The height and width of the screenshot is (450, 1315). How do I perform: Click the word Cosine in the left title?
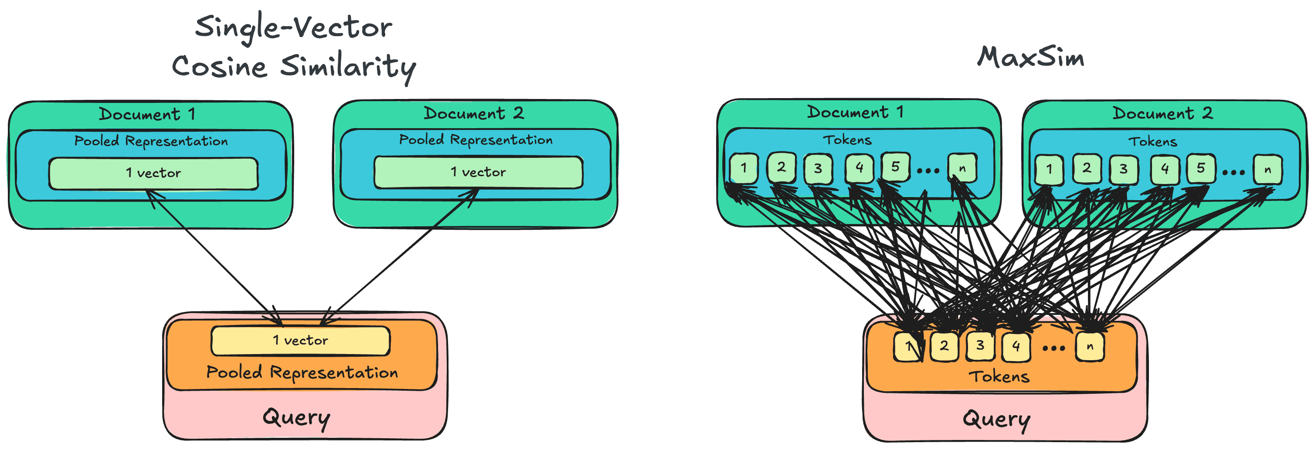click(x=220, y=67)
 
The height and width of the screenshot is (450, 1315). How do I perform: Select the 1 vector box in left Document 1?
click(x=153, y=173)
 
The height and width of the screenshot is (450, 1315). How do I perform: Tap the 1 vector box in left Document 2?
click(x=478, y=172)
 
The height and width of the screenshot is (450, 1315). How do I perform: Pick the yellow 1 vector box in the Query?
click(x=300, y=340)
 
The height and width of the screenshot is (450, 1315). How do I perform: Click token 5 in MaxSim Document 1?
click(x=895, y=167)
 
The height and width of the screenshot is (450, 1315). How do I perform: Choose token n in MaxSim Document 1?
click(x=962, y=167)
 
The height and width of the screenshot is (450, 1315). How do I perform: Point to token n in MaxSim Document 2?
click(x=1267, y=170)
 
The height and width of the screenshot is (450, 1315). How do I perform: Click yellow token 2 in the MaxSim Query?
click(x=944, y=346)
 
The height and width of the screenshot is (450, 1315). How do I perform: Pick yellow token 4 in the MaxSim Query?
click(x=1016, y=346)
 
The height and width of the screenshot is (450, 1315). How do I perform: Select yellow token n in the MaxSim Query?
click(x=1089, y=346)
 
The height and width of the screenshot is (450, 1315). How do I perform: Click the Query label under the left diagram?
click(x=296, y=418)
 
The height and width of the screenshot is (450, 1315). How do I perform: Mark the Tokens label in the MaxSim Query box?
click(x=999, y=377)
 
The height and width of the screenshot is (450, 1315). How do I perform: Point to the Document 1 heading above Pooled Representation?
click(x=147, y=114)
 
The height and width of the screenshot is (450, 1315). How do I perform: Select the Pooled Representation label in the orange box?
click(x=302, y=372)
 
